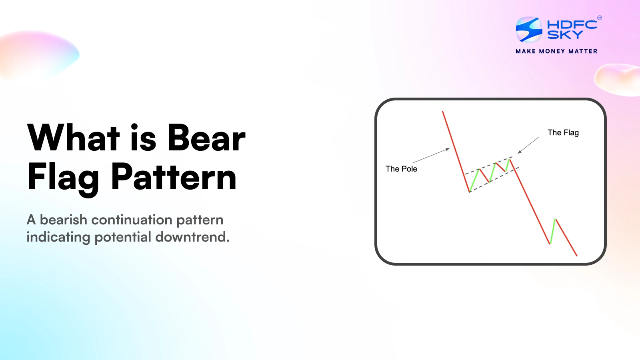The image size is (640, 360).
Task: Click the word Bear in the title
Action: point(206,138)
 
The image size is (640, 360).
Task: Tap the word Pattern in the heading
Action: point(174,177)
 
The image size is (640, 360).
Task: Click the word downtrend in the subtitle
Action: point(192,237)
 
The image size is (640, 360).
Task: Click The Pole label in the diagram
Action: point(401,169)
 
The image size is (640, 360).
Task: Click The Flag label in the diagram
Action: point(563,132)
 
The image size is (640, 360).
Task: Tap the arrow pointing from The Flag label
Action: point(528,145)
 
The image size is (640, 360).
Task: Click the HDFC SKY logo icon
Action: point(529,30)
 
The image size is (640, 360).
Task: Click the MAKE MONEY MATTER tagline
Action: point(556,51)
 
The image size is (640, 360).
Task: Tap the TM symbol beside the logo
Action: point(599,18)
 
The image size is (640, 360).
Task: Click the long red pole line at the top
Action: point(455,150)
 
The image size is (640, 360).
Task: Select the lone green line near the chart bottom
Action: point(553,231)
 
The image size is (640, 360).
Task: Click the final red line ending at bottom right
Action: point(566,238)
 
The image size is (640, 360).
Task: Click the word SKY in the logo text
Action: point(565,35)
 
